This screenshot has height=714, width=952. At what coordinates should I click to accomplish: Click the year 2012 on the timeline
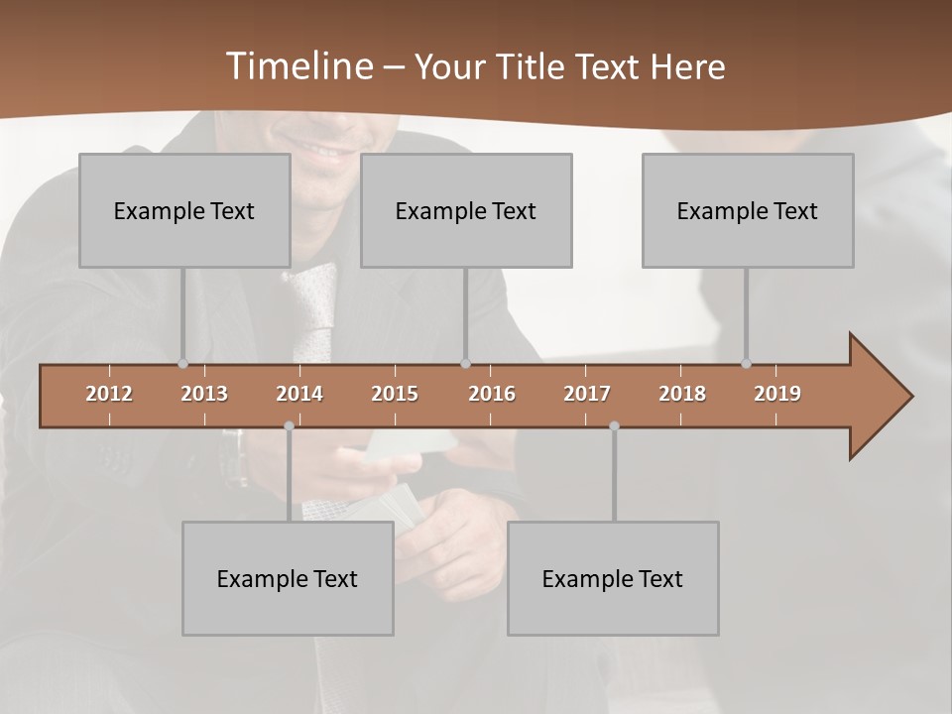(x=109, y=394)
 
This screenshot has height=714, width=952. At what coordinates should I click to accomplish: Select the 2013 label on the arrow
(x=204, y=394)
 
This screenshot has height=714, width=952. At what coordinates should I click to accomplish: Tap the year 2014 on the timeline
(x=299, y=394)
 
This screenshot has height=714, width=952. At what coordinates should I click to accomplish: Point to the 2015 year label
(x=395, y=394)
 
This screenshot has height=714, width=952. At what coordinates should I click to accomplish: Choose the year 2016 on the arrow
(x=492, y=394)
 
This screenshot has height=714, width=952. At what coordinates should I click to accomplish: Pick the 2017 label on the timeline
(x=587, y=394)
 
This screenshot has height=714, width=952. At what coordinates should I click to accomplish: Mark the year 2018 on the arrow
(x=682, y=394)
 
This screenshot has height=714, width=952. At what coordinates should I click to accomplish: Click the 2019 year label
(x=777, y=394)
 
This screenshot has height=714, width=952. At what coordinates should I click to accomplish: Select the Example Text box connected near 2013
(x=184, y=210)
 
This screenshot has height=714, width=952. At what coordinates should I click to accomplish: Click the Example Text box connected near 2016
(x=466, y=210)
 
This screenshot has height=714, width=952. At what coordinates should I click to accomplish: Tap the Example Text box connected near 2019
(x=748, y=210)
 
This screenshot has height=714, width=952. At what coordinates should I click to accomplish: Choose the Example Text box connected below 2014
(x=288, y=578)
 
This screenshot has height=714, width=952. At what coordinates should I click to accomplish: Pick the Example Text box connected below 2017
(x=613, y=578)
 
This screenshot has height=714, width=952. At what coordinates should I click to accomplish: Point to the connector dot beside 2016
(x=466, y=364)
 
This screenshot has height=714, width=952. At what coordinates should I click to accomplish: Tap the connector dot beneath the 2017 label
(x=614, y=425)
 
